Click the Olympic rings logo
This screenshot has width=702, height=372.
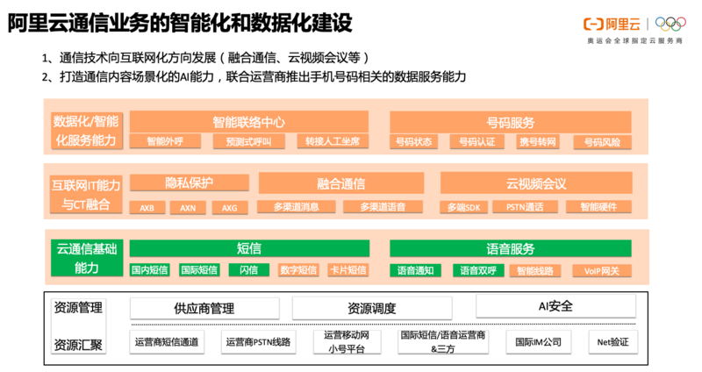(670, 24)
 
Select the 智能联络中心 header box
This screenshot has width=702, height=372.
(248, 122)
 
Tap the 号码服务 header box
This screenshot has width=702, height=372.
(510, 122)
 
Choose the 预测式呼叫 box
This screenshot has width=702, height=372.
(248, 141)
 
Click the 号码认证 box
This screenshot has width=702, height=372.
(477, 141)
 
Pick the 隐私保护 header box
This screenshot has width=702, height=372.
(189, 182)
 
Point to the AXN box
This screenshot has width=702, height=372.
(189, 208)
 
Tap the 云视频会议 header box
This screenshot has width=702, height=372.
(536, 183)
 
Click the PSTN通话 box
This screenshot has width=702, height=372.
(537, 207)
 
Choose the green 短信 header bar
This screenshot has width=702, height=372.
(249, 248)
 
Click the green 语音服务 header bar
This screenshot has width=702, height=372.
(510, 248)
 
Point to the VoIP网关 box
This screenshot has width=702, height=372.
(602, 271)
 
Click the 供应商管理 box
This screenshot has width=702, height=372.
(204, 308)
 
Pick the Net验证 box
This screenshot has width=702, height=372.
(612, 341)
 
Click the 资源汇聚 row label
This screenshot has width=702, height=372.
(78, 344)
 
